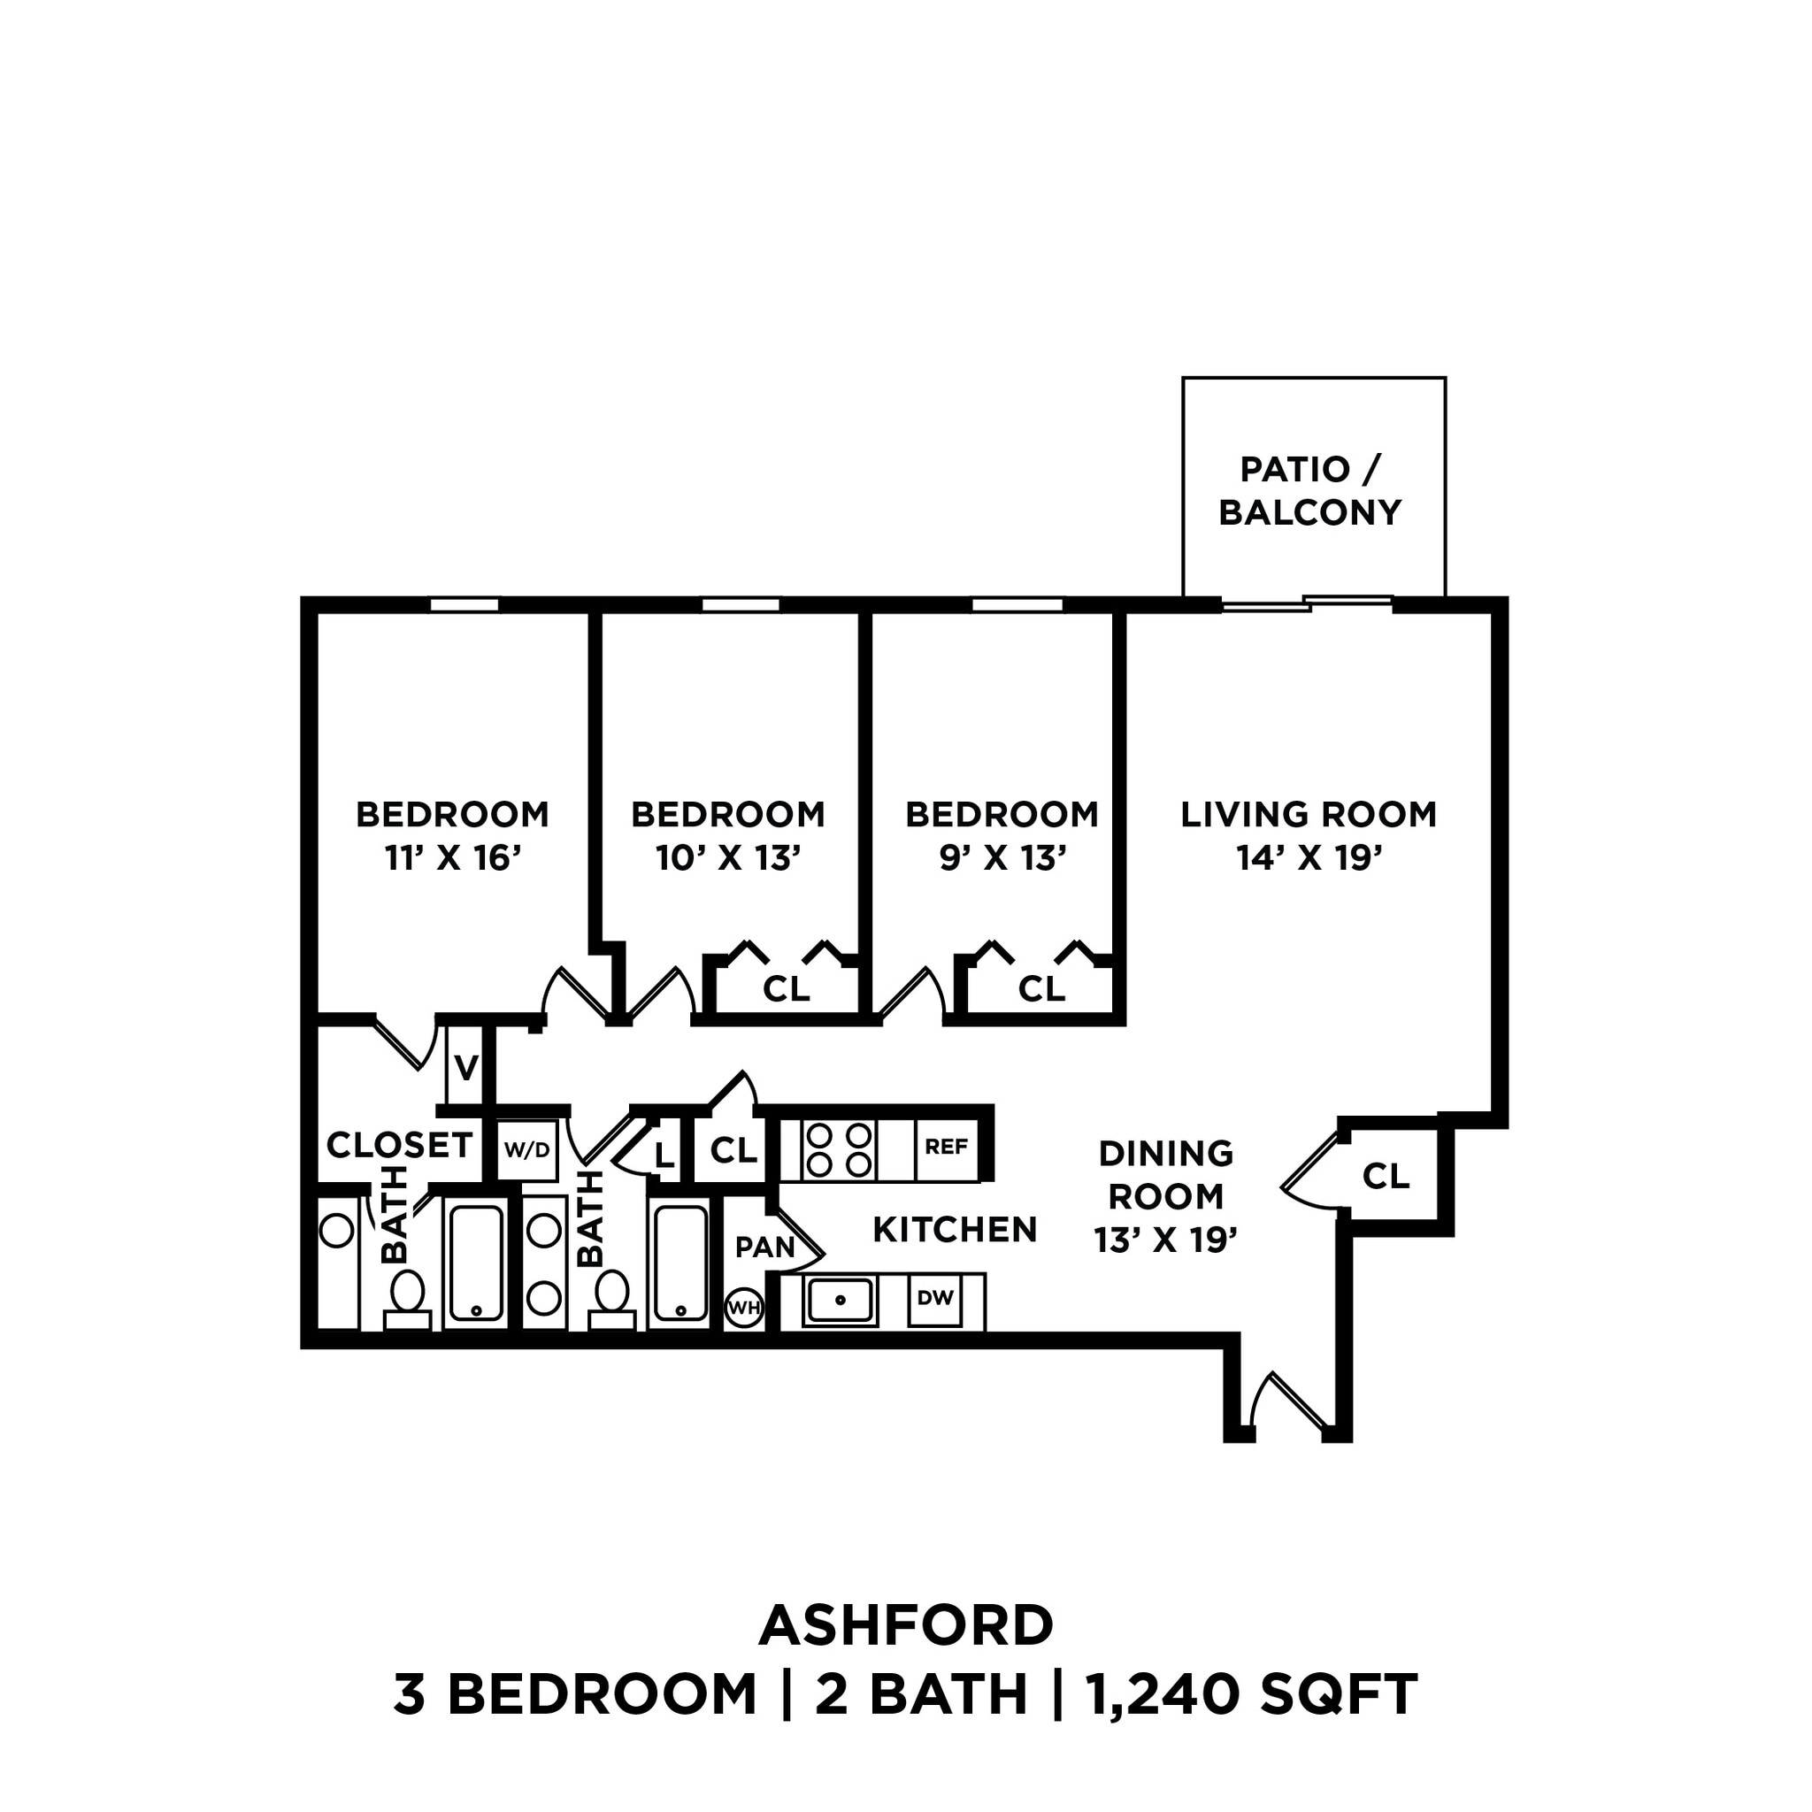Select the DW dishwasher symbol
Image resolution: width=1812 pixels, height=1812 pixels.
pos(935,1298)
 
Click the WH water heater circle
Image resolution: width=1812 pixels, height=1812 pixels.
pos(744,1308)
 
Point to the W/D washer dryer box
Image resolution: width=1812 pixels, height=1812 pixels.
pos(527,1150)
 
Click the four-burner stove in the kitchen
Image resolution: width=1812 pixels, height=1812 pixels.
pos(839,1150)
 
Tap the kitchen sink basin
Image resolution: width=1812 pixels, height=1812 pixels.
pos(841,1300)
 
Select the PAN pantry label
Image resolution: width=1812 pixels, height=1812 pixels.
pos(764,1248)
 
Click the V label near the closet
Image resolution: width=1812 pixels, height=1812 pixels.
pos(466,1067)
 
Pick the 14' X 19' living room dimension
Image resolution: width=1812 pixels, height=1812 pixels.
pos(1309,858)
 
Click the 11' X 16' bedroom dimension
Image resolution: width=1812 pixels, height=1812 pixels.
pos(452,858)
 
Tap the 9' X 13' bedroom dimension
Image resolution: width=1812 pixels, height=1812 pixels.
pos(1002,858)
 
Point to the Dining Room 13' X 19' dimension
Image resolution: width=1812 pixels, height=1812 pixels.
pos(1166,1240)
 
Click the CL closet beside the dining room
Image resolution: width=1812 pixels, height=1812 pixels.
pos(1386,1176)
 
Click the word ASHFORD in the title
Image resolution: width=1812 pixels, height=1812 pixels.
pos(906,1625)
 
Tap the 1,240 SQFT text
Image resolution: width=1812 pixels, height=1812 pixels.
pos(1251,1694)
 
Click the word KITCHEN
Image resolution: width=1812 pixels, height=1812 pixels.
pos(955,1230)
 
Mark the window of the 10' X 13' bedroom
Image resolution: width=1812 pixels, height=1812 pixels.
pos(741,605)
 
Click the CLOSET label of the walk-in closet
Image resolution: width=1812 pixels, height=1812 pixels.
pos(400,1145)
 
